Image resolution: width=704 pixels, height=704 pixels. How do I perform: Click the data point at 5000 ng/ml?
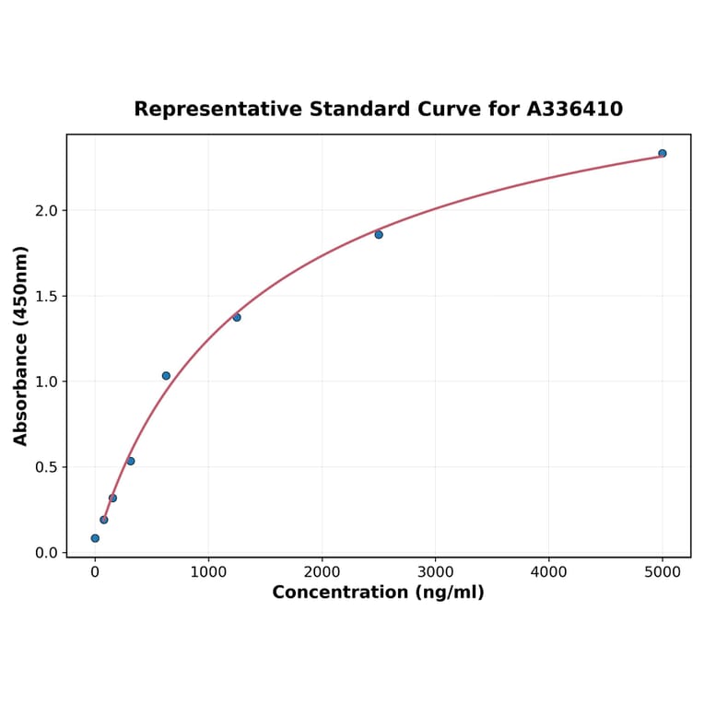pyautogui.click(x=663, y=153)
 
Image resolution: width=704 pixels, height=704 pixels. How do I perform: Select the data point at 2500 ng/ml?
pyautogui.click(x=379, y=234)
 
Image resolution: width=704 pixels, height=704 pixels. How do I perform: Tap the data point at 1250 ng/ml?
pyautogui.click(x=237, y=317)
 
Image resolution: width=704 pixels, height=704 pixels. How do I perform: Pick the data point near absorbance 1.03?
pyautogui.click(x=166, y=376)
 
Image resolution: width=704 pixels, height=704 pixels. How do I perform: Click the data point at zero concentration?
pyautogui.click(x=95, y=538)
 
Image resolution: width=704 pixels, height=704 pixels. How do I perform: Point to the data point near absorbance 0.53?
pyautogui.click(x=131, y=461)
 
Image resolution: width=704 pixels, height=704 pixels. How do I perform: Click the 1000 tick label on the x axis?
pyautogui.click(x=208, y=571)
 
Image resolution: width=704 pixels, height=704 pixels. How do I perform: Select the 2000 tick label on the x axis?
pyautogui.click(x=322, y=571)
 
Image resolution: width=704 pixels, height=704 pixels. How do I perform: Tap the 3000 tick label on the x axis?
pyautogui.click(x=435, y=571)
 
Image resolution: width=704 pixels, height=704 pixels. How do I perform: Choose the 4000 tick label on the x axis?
pyautogui.click(x=549, y=571)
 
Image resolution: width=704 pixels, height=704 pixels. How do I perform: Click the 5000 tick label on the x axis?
pyautogui.click(x=663, y=571)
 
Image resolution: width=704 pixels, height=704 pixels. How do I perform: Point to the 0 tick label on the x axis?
pyautogui.click(x=95, y=571)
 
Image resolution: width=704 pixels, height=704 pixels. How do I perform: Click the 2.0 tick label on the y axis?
pyautogui.click(x=46, y=211)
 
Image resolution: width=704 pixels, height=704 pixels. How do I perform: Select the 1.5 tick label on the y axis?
pyautogui.click(x=46, y=297)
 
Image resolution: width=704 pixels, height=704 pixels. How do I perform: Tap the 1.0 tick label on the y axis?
pyautogui.click(x=46, y=381)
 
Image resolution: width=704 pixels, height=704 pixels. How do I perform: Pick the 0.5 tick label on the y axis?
pyautogui.click(x=46, y=467)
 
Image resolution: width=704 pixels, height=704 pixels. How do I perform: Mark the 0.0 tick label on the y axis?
pyautogui.click(x=46, y=553)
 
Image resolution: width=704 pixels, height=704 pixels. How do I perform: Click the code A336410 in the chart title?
pyautogui.click(x=574, y=110)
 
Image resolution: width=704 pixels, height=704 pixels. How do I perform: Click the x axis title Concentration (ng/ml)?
pyautogui.click(x=378, y=593)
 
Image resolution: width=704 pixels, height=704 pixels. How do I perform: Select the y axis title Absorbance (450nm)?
pyautogui.click(x=21, y=346)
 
